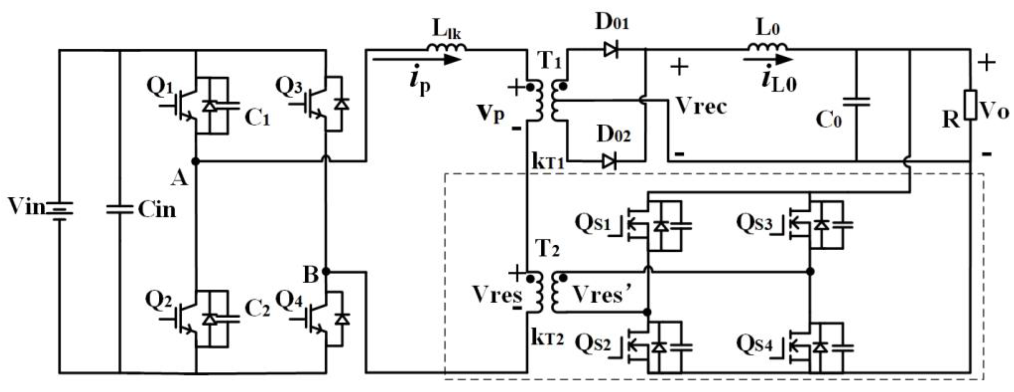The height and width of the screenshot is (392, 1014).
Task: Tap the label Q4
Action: pos(289,300)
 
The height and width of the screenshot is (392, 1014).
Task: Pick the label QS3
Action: pos(754,223)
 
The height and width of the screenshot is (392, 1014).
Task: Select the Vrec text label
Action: pos(701,106)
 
